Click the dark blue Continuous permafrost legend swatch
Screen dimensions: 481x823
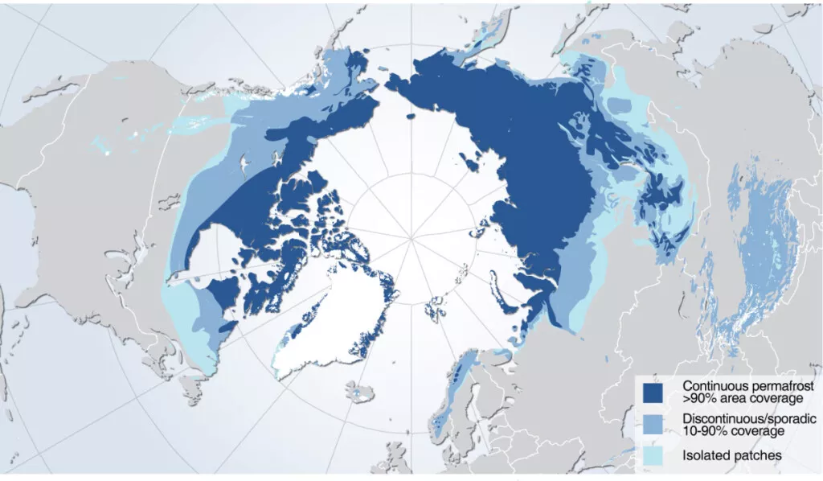tap(653, 392)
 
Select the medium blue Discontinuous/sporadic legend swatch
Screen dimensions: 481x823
tap(653, 425)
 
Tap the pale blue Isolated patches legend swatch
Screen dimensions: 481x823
tap(653, 455)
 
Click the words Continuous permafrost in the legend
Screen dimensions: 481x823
tap(748, 386)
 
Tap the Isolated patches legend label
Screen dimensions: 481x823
tap(731, 456)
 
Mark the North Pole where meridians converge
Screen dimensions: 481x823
tap(411, 238)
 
